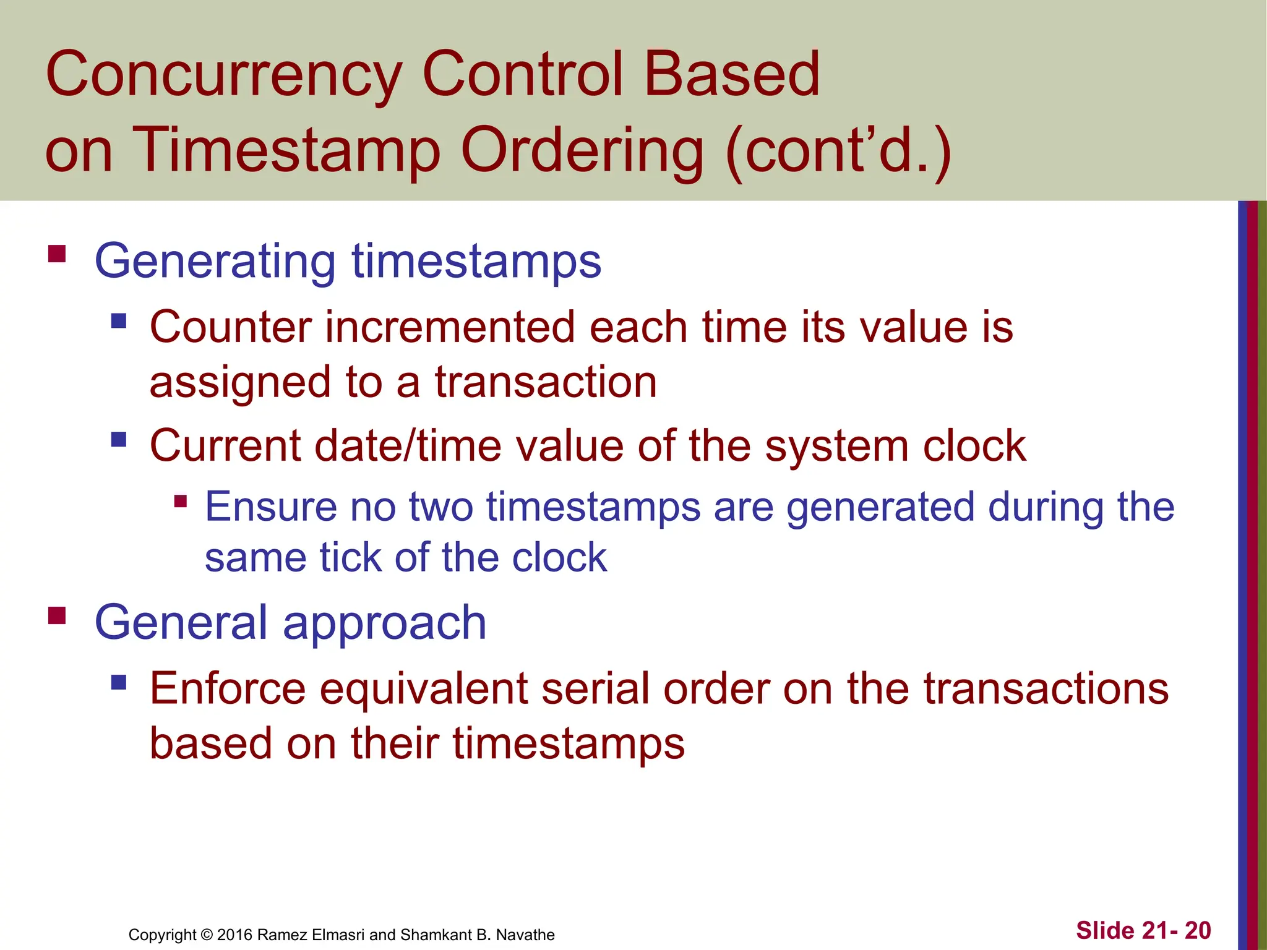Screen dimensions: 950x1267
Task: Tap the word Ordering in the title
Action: point(582,151)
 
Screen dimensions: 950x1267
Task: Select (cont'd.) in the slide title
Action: point(838,151)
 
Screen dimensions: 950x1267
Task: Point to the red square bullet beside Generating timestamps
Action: point(57,254)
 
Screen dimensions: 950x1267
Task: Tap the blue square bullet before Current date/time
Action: point(119,440)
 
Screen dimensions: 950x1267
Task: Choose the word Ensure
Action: point(270,507)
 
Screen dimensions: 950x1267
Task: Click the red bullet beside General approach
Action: point(57,615)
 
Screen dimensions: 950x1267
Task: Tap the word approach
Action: point(384,623)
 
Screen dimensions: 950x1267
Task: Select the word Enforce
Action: point(228,688)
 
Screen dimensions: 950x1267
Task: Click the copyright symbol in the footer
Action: point(207,935)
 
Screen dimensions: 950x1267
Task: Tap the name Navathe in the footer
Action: point(525,935)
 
